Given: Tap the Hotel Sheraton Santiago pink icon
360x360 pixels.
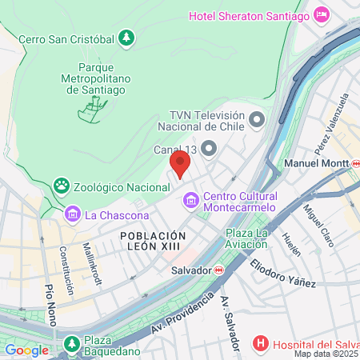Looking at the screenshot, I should click(x=322, y=15).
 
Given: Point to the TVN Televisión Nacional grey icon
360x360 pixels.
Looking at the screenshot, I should click(x=256, y=120).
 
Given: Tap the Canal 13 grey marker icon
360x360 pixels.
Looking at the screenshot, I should click(x=209, y=149).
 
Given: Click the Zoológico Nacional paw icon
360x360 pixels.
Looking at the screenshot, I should click(x=62, y=186).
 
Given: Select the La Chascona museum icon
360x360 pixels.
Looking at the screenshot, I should click(x=73, y=214).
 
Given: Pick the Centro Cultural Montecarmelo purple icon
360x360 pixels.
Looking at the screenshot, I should click(x=191, y=198).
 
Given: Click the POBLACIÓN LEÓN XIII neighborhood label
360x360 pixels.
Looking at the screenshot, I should click(x=153, y=242).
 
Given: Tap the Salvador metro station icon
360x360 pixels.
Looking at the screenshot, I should click(x=218, y=270).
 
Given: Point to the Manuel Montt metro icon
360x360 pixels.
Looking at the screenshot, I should click(x=355, y=163).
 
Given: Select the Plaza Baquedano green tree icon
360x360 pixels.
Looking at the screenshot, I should click(x=72, y=343).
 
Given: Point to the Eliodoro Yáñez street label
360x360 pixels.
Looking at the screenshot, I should click(x=282, y=273).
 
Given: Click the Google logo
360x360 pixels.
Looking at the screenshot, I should click(x=26, y=350).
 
